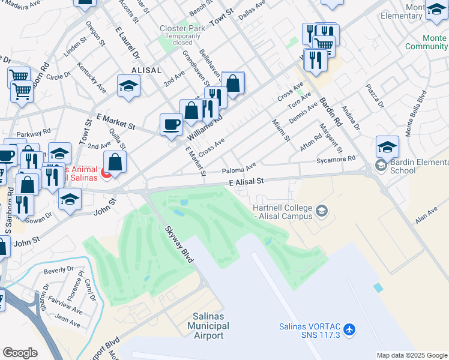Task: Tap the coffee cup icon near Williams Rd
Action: point(172,124)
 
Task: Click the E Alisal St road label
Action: point(246,181)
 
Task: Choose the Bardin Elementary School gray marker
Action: point(381,164)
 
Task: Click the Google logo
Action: point(20,353)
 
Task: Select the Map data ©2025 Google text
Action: point(411,355)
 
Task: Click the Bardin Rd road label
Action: point(331,112)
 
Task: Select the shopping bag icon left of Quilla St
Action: point(114,162)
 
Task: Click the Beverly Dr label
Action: point(58,271)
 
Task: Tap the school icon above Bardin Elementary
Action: point(387,146)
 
